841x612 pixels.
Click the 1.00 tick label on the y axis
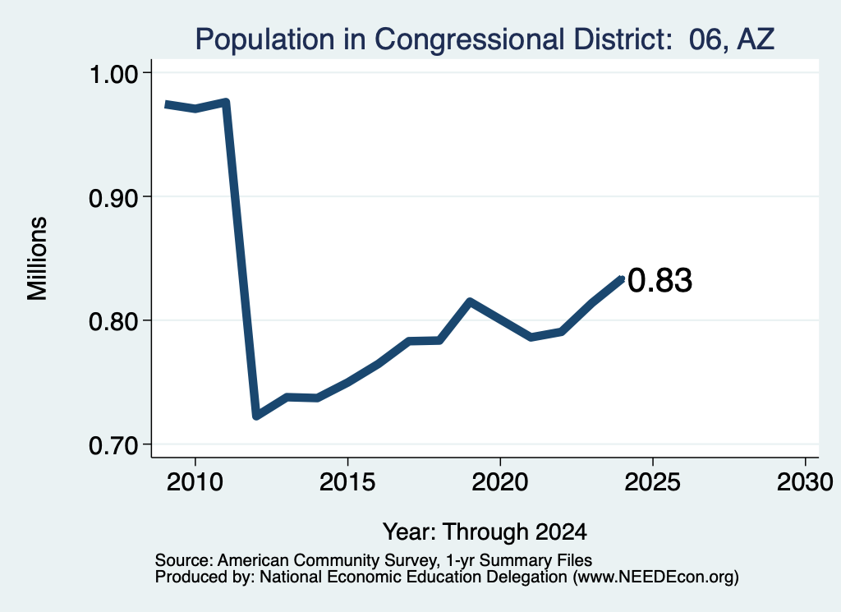coord(113,74)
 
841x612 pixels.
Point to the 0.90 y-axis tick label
coord(113,198)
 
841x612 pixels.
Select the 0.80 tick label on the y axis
coord(113,321)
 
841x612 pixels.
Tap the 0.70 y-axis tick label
coord(113,445)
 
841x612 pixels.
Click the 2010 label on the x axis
coord(195,482)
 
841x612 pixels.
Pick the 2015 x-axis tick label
coord(347,482)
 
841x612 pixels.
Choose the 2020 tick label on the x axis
coord(500,482)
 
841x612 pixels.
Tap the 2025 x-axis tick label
coord(652,482)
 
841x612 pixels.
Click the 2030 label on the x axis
coord(805,482)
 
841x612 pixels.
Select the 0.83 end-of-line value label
coord(659,280)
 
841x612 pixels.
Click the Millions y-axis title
coord(38,259)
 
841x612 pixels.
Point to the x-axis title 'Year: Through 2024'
coord(485,532)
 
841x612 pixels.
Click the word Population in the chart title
coord(265,40)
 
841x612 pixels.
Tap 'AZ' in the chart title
coord(756,39)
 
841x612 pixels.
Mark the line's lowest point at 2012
coord(256,416)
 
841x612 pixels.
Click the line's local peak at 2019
coord(469,302)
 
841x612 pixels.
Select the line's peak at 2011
coord(226,102)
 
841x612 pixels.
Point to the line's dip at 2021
coord(531,337)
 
